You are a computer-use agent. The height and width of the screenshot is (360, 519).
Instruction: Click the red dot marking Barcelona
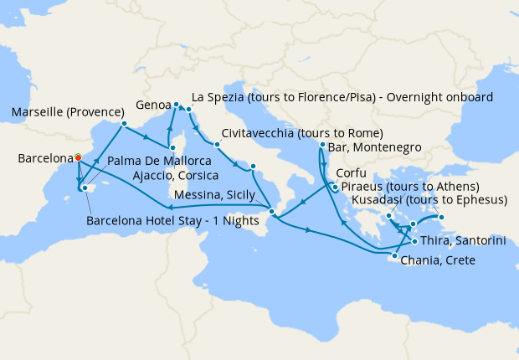click(x=77, y=157)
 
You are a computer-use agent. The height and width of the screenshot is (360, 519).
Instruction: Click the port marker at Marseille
click(x=124, y=125)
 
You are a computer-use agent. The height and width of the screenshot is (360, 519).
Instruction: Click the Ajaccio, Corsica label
click(x=176, y=176)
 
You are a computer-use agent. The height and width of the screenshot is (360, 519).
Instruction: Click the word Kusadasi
click(x=382, y=200)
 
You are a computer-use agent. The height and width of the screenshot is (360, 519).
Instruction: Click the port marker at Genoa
click(x=177, y=105)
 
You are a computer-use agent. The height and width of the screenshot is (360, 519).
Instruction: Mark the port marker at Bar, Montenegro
click(x=323, y=147)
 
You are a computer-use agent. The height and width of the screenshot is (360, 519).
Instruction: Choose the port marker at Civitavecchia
click(x=217, y=144)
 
